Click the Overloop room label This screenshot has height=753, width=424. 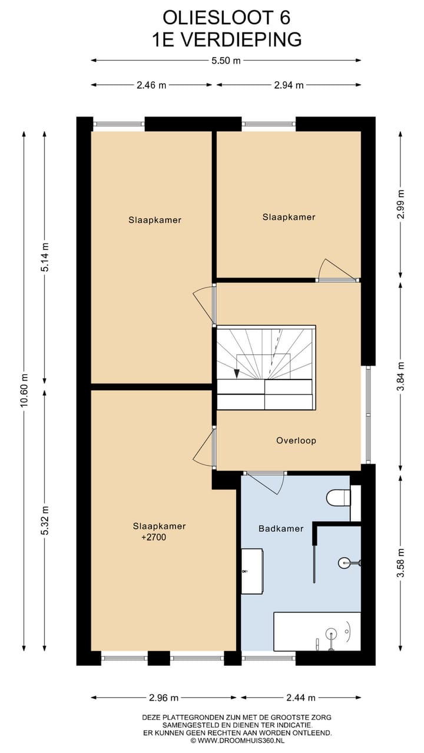coord(296,441)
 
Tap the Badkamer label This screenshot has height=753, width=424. coord(281,528)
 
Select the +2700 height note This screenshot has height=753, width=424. coord(154,537)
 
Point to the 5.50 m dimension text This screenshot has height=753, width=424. coord(226,61)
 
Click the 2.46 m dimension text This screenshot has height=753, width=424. coord(151,85)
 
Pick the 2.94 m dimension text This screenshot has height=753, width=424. coord(289,85)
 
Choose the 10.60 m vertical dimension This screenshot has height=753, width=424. coord(24,390)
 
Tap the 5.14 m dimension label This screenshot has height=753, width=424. coord(45,257)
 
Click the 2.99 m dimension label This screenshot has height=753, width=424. coord(400,204)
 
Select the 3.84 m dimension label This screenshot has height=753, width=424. coord(400,376)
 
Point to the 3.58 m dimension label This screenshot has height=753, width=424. coord(400,562)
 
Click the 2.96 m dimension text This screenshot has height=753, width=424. coord(164,698)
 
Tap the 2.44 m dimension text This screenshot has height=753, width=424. coord(301,698)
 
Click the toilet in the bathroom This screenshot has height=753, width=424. coord(339,498)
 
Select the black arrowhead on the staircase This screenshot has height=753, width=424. coord(237,374)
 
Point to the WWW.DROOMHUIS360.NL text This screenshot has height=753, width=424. coord(241,740)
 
